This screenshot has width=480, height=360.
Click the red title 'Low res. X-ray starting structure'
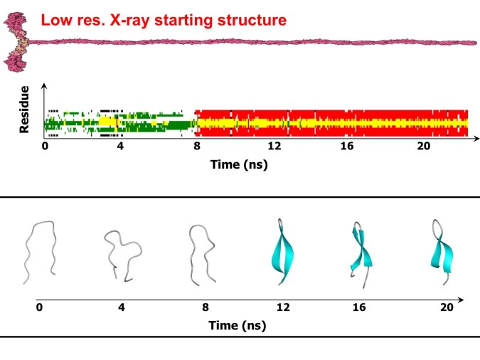[164, 19]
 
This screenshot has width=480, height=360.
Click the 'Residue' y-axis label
[24, 110]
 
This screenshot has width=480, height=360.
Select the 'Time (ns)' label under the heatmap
[240, 164]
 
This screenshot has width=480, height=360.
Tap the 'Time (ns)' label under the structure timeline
[240, 326]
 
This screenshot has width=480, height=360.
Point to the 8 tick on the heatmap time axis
[196, 147]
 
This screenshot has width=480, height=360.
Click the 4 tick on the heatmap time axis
[120, 147]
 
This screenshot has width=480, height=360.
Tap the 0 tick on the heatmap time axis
[45, 147]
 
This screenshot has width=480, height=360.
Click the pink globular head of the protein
[14, 43]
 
